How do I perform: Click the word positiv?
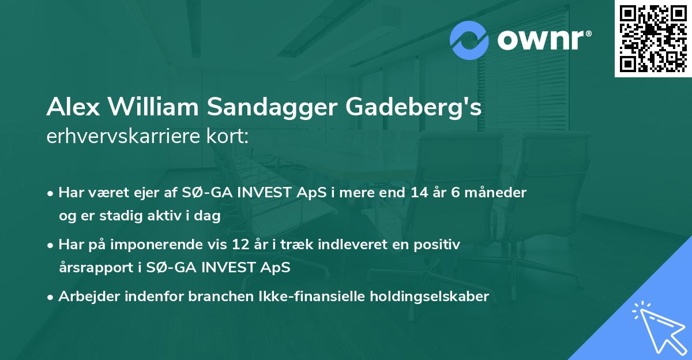coord(438,245)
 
